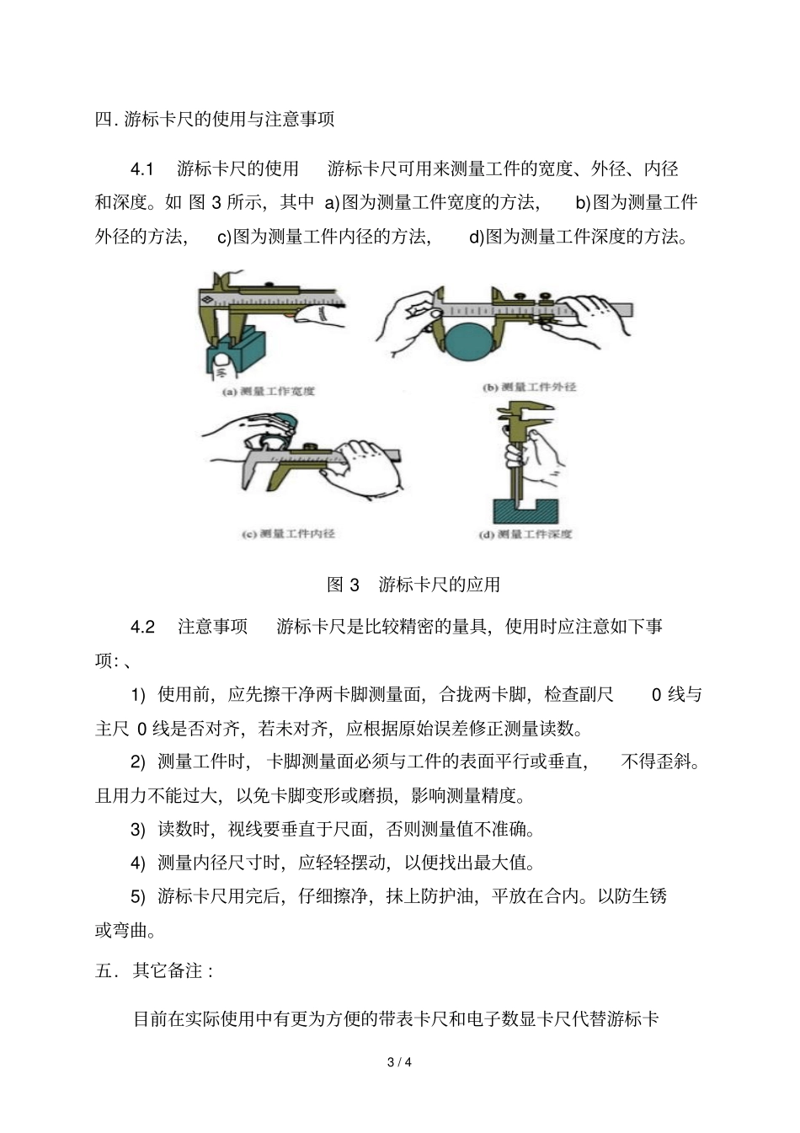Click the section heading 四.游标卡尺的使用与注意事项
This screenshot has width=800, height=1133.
point(215,120)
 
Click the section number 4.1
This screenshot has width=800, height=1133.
point(142,169)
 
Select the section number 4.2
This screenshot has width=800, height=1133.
point(142,627)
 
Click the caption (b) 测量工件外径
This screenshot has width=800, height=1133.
point(529,387)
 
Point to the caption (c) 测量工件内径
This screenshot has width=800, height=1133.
point(288,533)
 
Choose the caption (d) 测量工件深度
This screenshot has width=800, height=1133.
point(525,534)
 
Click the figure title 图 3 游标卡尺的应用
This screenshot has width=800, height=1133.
point(413,585)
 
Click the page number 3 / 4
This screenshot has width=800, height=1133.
point(399,1062)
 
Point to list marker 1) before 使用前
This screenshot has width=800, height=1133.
point(138,695)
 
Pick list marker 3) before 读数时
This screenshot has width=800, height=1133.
point(138,830)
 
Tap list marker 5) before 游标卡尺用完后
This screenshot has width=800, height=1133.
point(138,897)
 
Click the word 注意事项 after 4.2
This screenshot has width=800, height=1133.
point(213,627)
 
